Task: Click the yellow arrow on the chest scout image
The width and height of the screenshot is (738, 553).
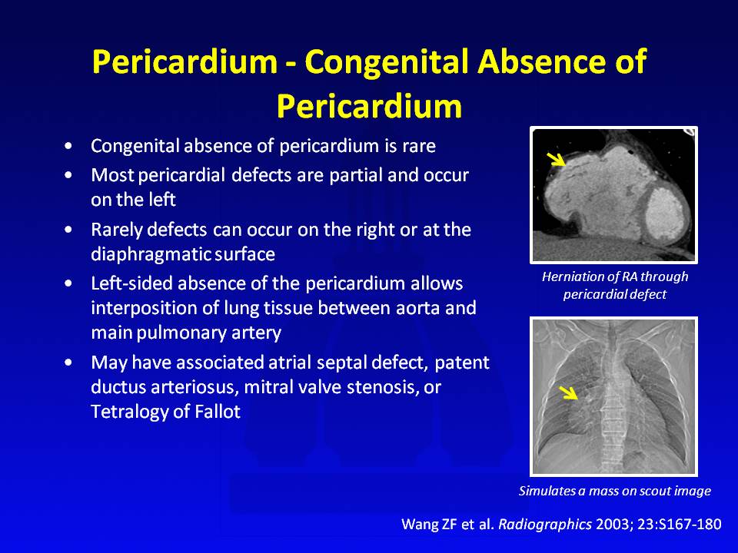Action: point(569,392)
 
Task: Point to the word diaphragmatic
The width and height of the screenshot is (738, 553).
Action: point(150,254)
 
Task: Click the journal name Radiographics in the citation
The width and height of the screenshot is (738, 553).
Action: point(545,525)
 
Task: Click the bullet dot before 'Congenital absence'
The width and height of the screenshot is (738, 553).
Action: point(69,146)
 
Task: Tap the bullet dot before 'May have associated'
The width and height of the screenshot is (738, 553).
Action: point(69,363)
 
